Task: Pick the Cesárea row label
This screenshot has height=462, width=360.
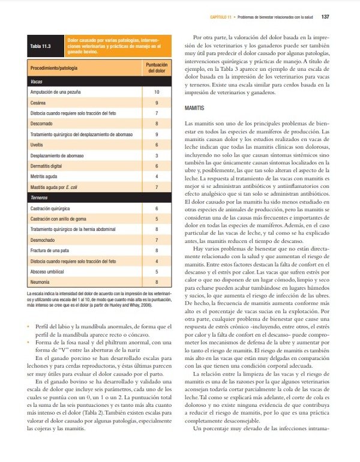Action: click(40, 103)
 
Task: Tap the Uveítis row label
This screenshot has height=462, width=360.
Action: click(38, 145)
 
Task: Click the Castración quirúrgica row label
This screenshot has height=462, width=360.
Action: click(55, 208)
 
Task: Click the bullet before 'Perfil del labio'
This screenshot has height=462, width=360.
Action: click(29, 326)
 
